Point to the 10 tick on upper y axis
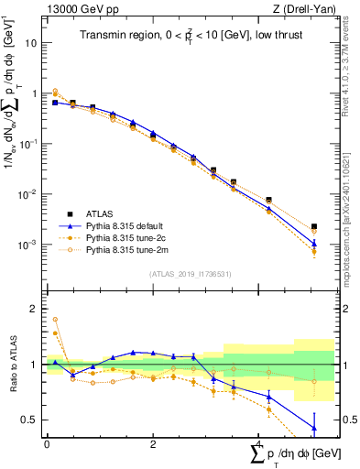click(x=30, y=43)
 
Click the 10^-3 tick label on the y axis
click(x=27, y=245)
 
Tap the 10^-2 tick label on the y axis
click(x=27, y=194)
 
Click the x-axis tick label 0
click(x=47, y=444)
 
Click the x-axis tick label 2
click(x=152, y=444)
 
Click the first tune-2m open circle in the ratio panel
click(x=55, y=320)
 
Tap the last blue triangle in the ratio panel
click(x=314, y=428)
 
